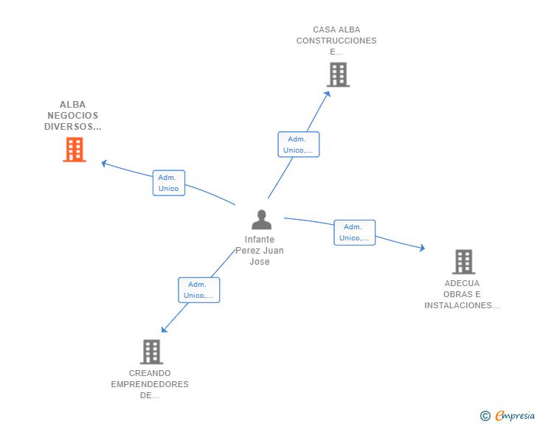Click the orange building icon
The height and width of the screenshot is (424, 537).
[75, 150]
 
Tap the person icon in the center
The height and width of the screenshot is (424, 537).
[261, 220]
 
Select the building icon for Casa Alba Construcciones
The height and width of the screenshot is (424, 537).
[338, 74]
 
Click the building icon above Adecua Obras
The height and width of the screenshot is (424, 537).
[464, 262]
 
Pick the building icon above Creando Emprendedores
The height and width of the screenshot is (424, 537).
[151, 352]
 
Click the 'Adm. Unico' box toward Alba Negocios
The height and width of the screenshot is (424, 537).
[169, 183]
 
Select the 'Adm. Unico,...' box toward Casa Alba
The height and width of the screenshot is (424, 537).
[299, 145]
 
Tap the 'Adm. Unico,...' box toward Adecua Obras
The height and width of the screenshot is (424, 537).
[355, 232]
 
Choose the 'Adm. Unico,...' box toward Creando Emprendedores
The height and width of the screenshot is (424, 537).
[199, 290]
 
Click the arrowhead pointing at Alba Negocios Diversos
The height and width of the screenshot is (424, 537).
[104, 164]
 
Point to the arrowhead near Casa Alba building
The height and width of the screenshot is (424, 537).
[328, 94]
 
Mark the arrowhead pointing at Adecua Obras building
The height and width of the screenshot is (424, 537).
[422, 248]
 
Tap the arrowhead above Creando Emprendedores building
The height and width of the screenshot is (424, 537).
[164, 329]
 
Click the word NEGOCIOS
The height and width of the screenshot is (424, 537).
[72, 116]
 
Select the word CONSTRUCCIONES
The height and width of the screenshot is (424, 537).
[336, 41]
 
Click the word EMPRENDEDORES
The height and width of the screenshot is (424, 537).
[150, 384]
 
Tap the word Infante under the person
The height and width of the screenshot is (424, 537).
[259, 240]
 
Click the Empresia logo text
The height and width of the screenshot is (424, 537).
[515, 415]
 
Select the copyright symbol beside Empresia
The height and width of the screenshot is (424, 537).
[485, 416]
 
